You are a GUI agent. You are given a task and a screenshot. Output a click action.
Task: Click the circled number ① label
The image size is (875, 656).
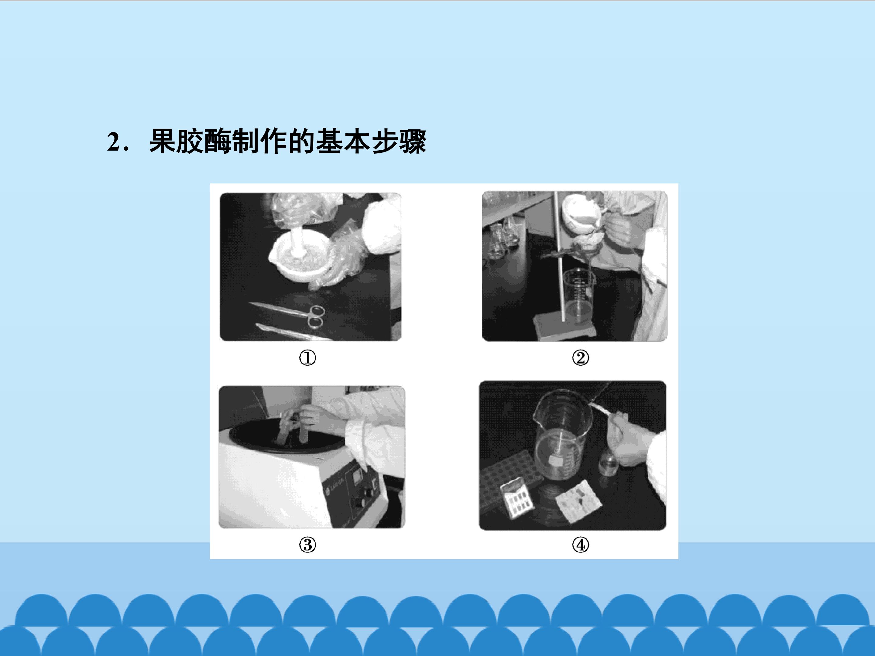[x=307, y=358]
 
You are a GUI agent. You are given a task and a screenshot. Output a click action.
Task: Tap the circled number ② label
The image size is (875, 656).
[x=580, y=358]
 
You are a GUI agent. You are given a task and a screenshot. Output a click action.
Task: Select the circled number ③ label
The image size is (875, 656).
[x=307, y=545]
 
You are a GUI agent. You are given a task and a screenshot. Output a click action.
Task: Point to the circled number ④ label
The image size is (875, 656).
[x=580, y=545]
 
